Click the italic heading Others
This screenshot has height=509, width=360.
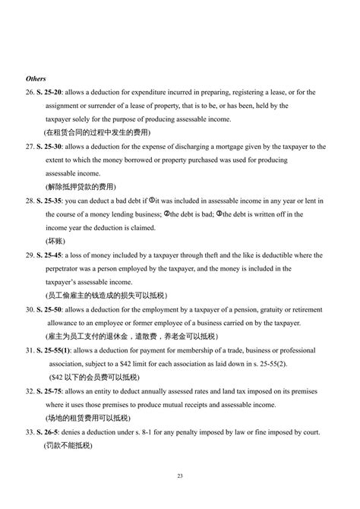(x=36, y=78)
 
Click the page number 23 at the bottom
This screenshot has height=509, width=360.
(x=180, y=476)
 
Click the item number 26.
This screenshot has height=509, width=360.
(x=30, y=92)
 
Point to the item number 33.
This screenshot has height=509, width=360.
(x=30, y=432)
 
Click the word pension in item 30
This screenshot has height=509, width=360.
(x=238, y=310)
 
